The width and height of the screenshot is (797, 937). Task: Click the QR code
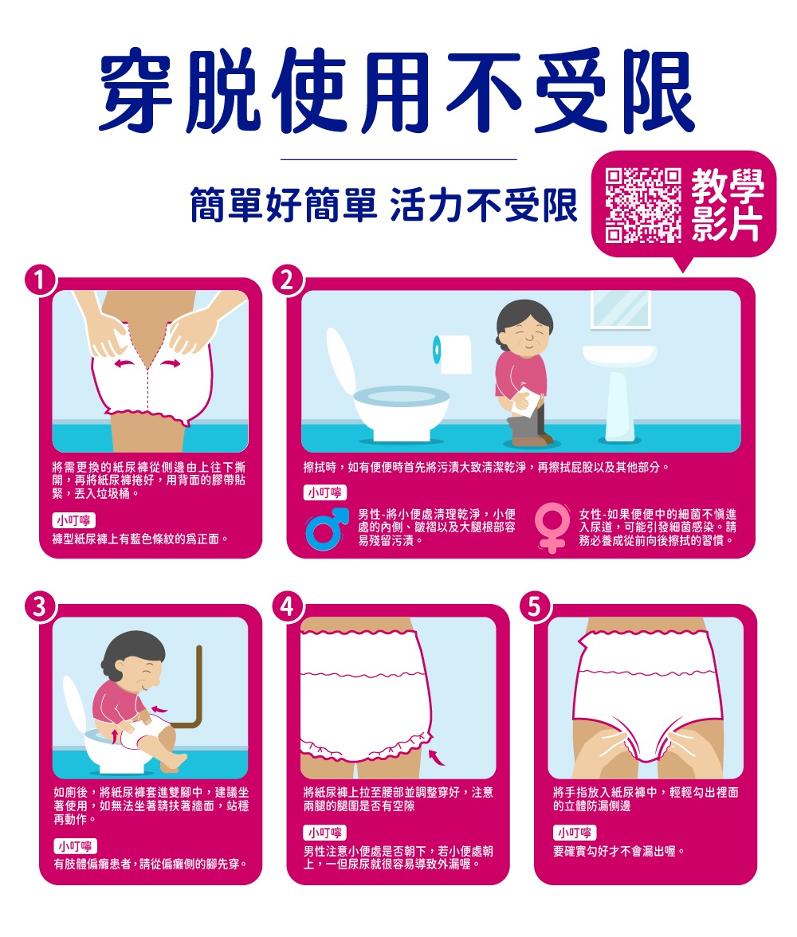(642, 205)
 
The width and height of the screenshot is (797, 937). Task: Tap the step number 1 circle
(41, 280)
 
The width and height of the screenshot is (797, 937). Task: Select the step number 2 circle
(289, 280)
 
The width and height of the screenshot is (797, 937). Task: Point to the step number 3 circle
(41, 607)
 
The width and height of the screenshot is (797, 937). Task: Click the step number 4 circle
(289, 607)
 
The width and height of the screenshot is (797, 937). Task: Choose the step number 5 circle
(536, 607)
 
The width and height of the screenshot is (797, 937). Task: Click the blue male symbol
(326, 528)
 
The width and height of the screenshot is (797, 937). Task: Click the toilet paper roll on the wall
(452, 354)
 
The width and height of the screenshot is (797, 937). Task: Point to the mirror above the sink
(621, 309)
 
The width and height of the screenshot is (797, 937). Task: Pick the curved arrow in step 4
(437, 757)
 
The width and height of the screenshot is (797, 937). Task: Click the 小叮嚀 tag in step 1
(74, 519)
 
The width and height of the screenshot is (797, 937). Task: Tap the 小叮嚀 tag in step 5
(575, 833)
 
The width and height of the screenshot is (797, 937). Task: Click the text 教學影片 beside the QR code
(728, 205)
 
